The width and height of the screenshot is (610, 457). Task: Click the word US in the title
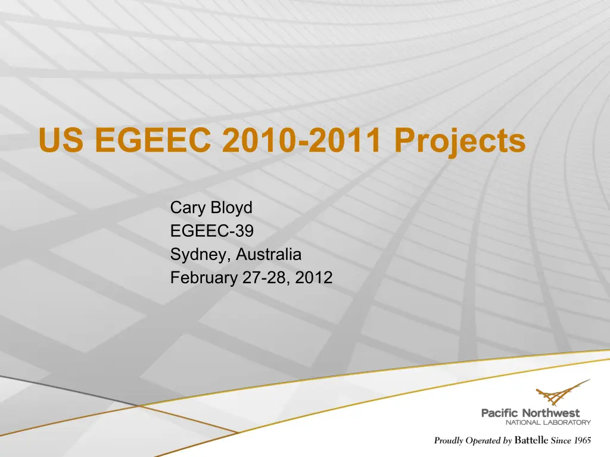coord(61,140)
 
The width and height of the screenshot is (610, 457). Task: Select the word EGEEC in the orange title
coord(153,140)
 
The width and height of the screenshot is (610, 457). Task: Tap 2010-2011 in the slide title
coord(301,140)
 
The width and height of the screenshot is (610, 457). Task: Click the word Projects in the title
coord(460,142)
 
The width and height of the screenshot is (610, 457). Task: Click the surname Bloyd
coord(231,208)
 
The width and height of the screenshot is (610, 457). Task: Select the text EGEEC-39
coord(212,231)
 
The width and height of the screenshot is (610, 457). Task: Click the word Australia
coord(269,254)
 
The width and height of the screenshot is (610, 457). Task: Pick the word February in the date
coord(204,278)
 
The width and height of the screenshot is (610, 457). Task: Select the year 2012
coord(313,277)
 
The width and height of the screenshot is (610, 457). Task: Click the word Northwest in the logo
coord(550,413)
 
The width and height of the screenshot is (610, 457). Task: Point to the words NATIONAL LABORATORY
coord(548,422)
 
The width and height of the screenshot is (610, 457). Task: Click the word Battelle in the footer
coord(531,440)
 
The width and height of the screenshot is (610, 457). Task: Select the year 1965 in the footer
coord(582,440)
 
